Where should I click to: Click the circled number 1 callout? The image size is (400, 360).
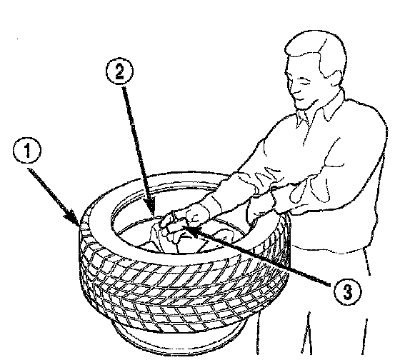tap(26, 151)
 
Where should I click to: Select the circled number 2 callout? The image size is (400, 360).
tap(119, 71)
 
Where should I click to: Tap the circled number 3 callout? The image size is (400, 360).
tap(347, 291)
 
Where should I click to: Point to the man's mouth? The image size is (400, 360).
tap(299, 99)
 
